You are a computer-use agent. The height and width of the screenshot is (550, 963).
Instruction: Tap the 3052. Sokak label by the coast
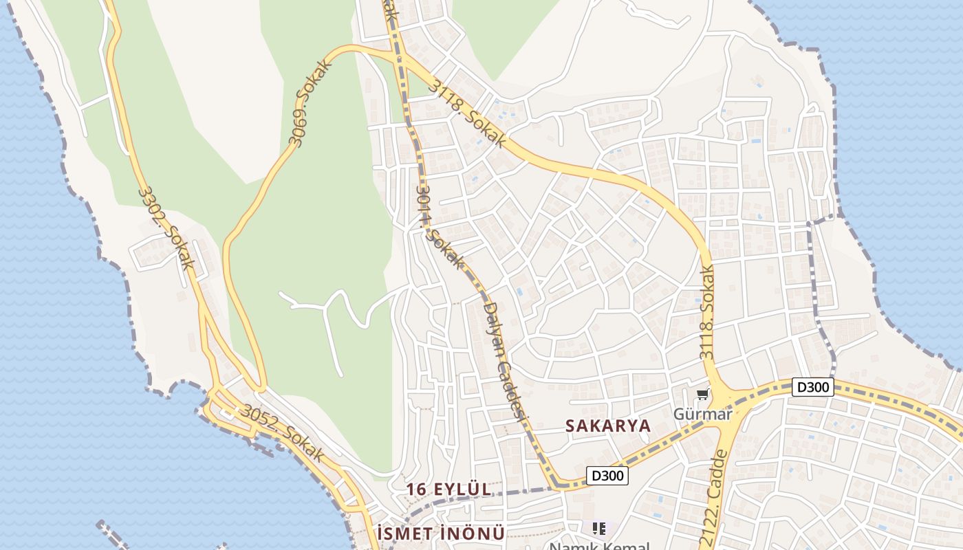click(282, 432)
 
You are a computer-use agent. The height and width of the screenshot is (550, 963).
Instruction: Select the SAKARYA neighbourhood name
click(608, 426)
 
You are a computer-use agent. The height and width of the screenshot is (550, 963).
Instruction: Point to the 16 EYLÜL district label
click(448, 489)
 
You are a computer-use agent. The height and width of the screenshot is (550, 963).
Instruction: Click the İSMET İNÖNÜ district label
click(441, 533)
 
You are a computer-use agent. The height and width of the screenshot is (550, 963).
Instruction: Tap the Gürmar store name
click(702, 413)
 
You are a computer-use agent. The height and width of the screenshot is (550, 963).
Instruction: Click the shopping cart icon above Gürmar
click(702, 395)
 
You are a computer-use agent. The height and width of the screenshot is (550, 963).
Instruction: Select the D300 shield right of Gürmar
click(812, 387)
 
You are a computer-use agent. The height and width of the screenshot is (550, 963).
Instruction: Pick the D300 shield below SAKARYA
click(608, 475)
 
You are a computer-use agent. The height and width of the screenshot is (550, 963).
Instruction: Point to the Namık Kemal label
click(598, 547)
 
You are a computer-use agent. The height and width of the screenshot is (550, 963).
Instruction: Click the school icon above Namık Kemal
click(599, 528)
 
